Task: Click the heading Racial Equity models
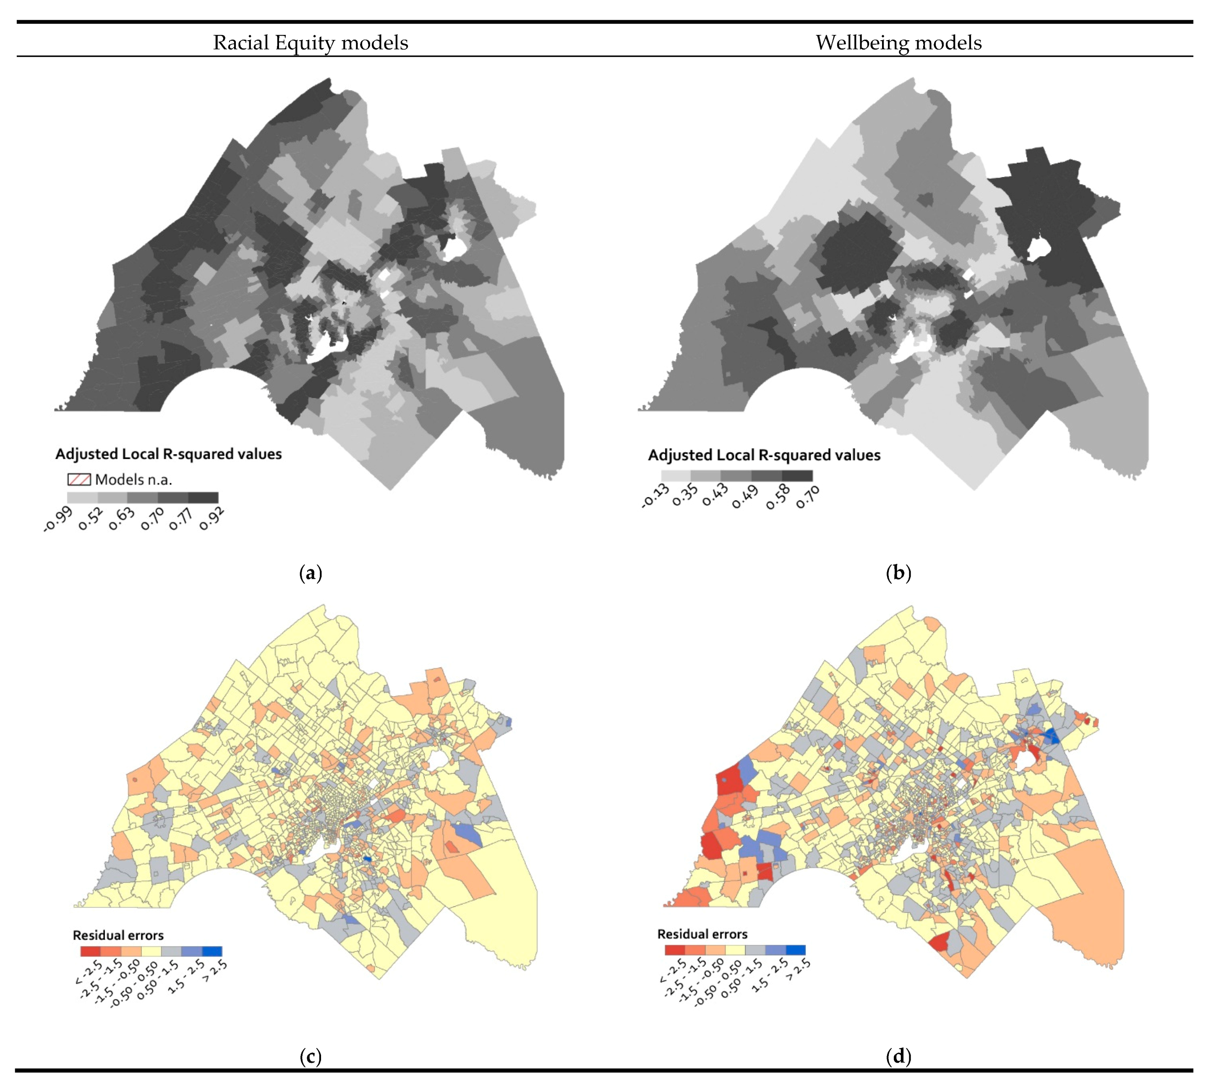click(310, 42)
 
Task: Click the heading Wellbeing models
click(898, 42)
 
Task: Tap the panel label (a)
click(310, 573)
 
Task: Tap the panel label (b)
click(898, 573)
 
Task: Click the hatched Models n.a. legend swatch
click(79, 479)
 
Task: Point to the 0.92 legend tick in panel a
click(212, 518)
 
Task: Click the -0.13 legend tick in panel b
click(655, 497)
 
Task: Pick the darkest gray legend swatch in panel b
click(797, 476)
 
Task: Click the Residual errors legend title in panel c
click(118, 935)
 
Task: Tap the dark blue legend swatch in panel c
click(212, 951)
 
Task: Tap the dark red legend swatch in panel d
click(675, 950)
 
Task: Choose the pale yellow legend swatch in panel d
click(735, 950)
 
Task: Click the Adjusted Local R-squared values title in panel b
click(764, 455)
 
